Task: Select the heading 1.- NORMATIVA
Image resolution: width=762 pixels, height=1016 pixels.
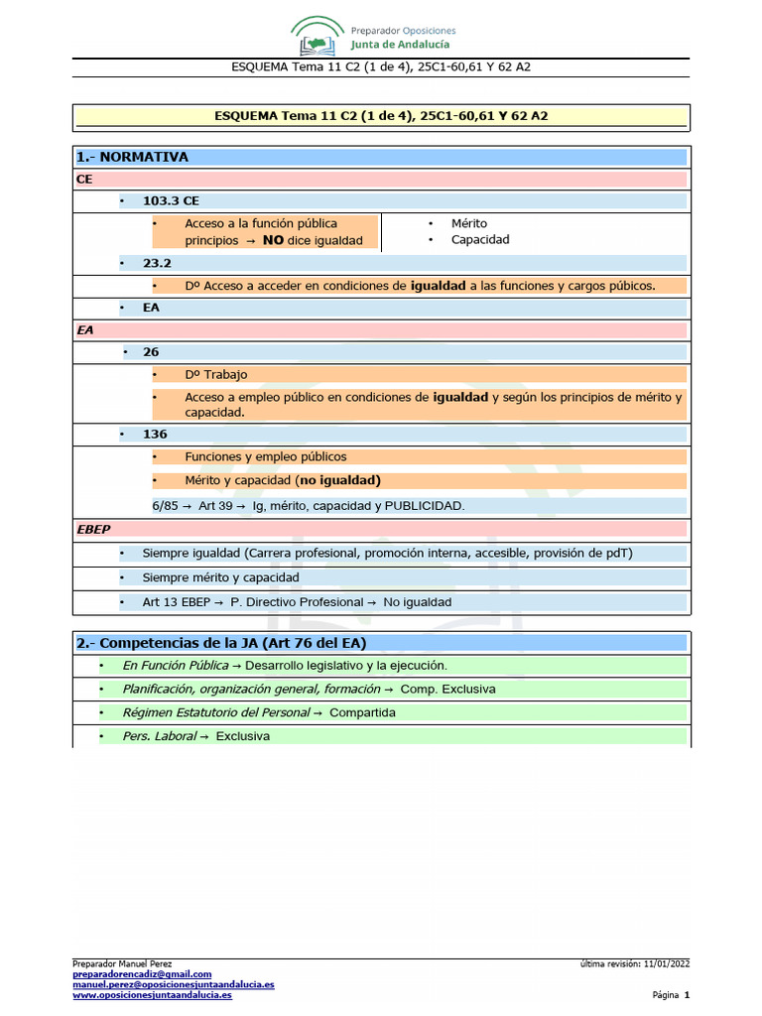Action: click(x=132, y=157)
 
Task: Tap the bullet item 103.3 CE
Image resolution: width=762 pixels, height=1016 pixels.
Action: click(x=171, y=200)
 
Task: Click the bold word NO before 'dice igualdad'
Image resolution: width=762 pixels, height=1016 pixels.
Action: click(x=273, y=240)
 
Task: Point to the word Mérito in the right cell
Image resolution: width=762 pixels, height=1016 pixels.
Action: click(x=469, y=223)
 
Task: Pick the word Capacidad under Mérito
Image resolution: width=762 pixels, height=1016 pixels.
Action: click(x=480, y=239)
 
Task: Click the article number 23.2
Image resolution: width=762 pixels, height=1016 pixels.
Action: click(x=157, y=263)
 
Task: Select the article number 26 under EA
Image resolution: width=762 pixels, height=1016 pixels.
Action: click(x=151, y=351)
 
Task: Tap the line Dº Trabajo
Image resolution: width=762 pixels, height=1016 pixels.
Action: click(x=215, y=374)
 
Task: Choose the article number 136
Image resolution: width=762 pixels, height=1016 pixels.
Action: click(x=155, y=434)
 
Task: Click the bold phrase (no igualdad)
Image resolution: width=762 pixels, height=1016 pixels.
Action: click(x=338, y=480)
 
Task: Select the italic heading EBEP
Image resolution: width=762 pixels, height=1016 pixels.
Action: click(x=93, y=529)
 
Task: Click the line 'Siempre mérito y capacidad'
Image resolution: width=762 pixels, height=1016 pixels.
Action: click(x=220, y=576)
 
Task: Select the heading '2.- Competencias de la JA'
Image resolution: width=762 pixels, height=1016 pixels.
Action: click(x=221, y=643)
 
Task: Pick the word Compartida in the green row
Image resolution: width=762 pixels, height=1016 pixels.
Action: click(x=362, y=712)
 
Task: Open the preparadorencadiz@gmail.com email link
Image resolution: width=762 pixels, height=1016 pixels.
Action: click(x=142, y=975)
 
